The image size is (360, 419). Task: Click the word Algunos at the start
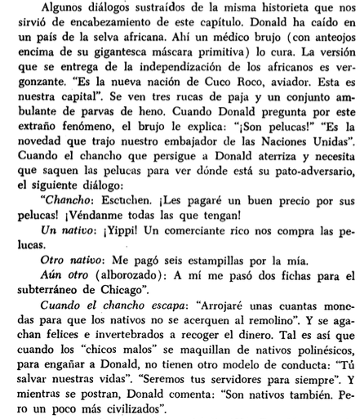coord(56,9)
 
